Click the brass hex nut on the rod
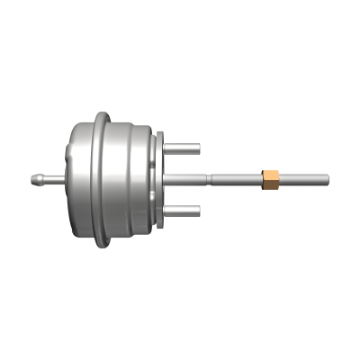coord(270,179)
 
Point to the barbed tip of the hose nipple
coord(30,179)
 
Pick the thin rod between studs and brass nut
coord(235,179)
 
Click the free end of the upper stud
coord(197,149)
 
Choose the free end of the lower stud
coord(197,210)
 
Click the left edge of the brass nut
coord(263,179)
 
